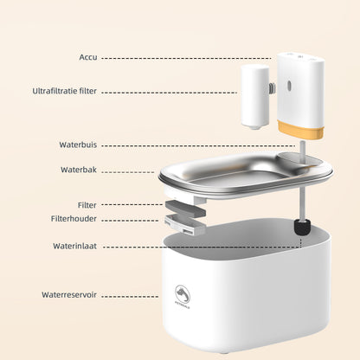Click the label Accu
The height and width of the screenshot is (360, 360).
pos(87,58)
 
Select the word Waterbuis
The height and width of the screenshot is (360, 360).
pos(78,145)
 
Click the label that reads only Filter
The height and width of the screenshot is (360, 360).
pos(87,205)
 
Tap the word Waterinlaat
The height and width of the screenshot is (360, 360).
pos(76,246)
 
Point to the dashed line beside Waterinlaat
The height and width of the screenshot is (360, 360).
pos(199,246)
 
